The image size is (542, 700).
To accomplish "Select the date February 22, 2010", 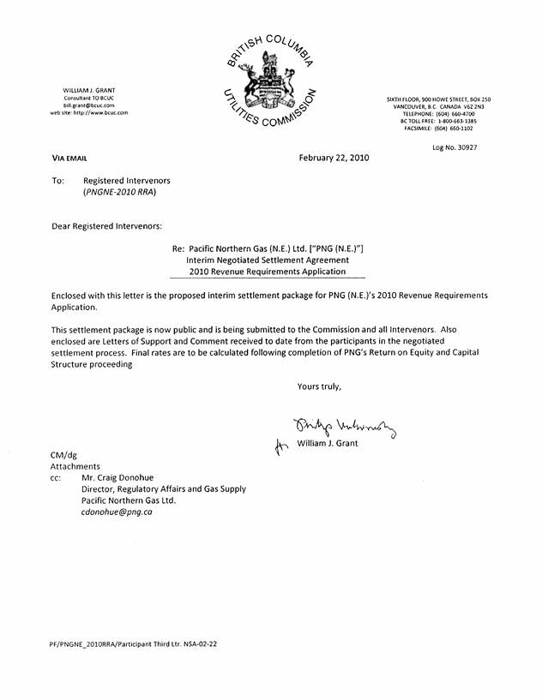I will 334,158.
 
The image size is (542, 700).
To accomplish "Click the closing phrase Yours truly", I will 319,386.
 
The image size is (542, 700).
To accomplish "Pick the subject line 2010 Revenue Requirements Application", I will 268,272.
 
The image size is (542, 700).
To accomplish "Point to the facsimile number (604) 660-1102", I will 453,129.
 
